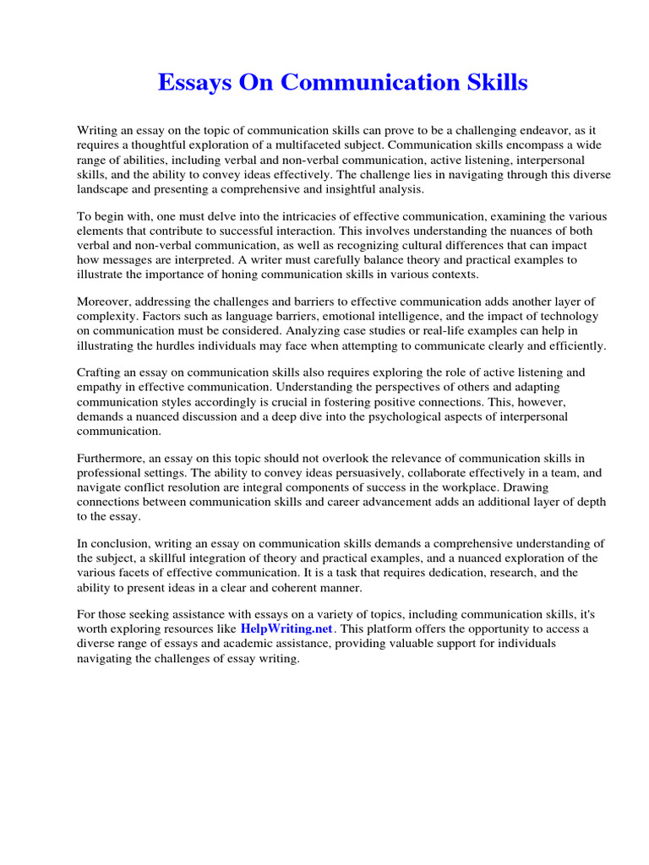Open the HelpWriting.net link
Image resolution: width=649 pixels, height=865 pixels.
287,629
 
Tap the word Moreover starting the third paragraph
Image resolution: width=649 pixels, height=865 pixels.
106,302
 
